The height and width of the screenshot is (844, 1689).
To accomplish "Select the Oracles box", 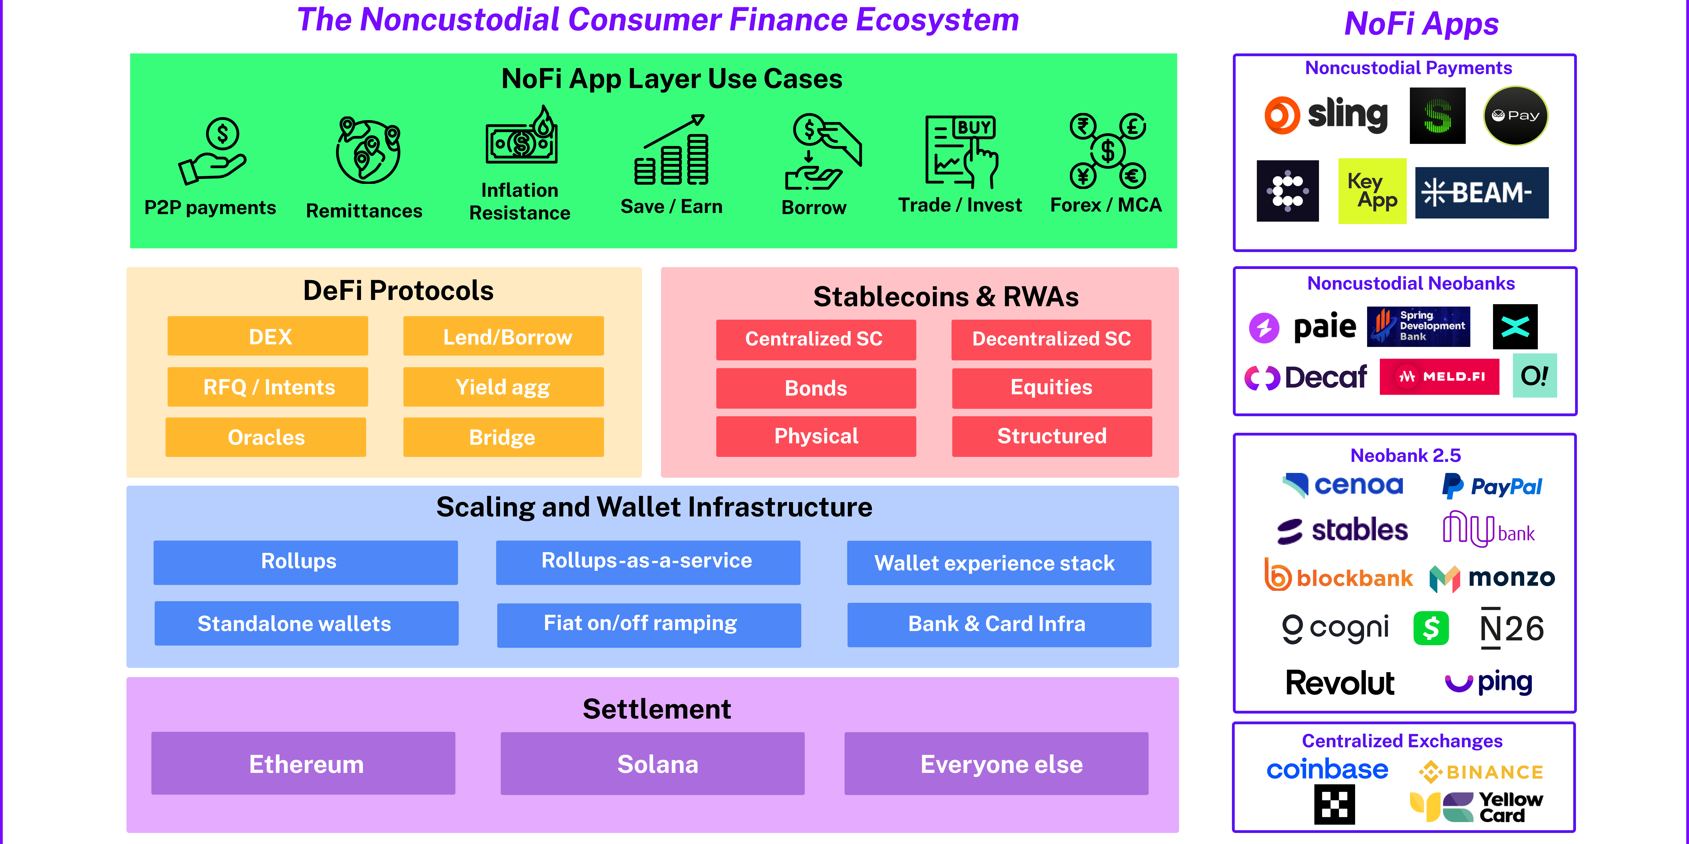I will click(x=265, y=437).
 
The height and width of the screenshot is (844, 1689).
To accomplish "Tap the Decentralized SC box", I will click(x=1051, y=339).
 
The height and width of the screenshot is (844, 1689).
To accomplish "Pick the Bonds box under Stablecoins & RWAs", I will click(x=816, y=388).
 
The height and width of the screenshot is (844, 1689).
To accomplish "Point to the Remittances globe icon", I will click(x=368, y=150).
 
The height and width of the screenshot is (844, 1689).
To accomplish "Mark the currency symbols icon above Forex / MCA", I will click(x=1108, y=151).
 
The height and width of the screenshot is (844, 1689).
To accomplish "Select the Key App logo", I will click(x=1372, y=191).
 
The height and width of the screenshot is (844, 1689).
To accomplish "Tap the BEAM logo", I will click(x=1481, y=193).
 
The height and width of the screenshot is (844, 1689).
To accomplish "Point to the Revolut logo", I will click(x=1339, y=683).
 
